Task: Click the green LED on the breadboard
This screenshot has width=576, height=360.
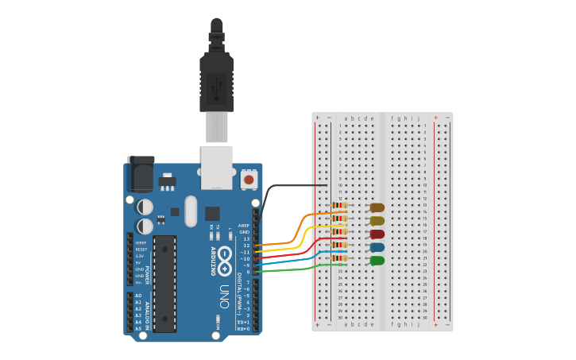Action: click(377, 261)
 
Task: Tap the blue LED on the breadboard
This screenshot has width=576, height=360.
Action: click(377, 247)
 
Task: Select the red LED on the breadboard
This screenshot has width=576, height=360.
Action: click(377, 234)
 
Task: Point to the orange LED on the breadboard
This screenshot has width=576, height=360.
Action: click(377, 207)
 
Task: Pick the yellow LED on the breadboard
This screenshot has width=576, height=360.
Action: click(377, 221)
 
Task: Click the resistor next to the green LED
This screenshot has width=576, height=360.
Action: click(339, 257)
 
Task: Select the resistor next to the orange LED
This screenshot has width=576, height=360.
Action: click(339, 205)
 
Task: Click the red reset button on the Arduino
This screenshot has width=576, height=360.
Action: click(249, 180)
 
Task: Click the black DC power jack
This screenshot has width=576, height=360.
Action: click(141, 174)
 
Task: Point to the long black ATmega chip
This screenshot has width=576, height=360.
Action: click(164, 283)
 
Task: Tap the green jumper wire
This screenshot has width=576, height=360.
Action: click(294, 269)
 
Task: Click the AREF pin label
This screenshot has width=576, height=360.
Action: click(243, 225)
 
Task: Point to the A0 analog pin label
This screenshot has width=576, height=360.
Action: click(138, 296)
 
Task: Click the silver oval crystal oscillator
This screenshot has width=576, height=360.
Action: click(190, 211)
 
